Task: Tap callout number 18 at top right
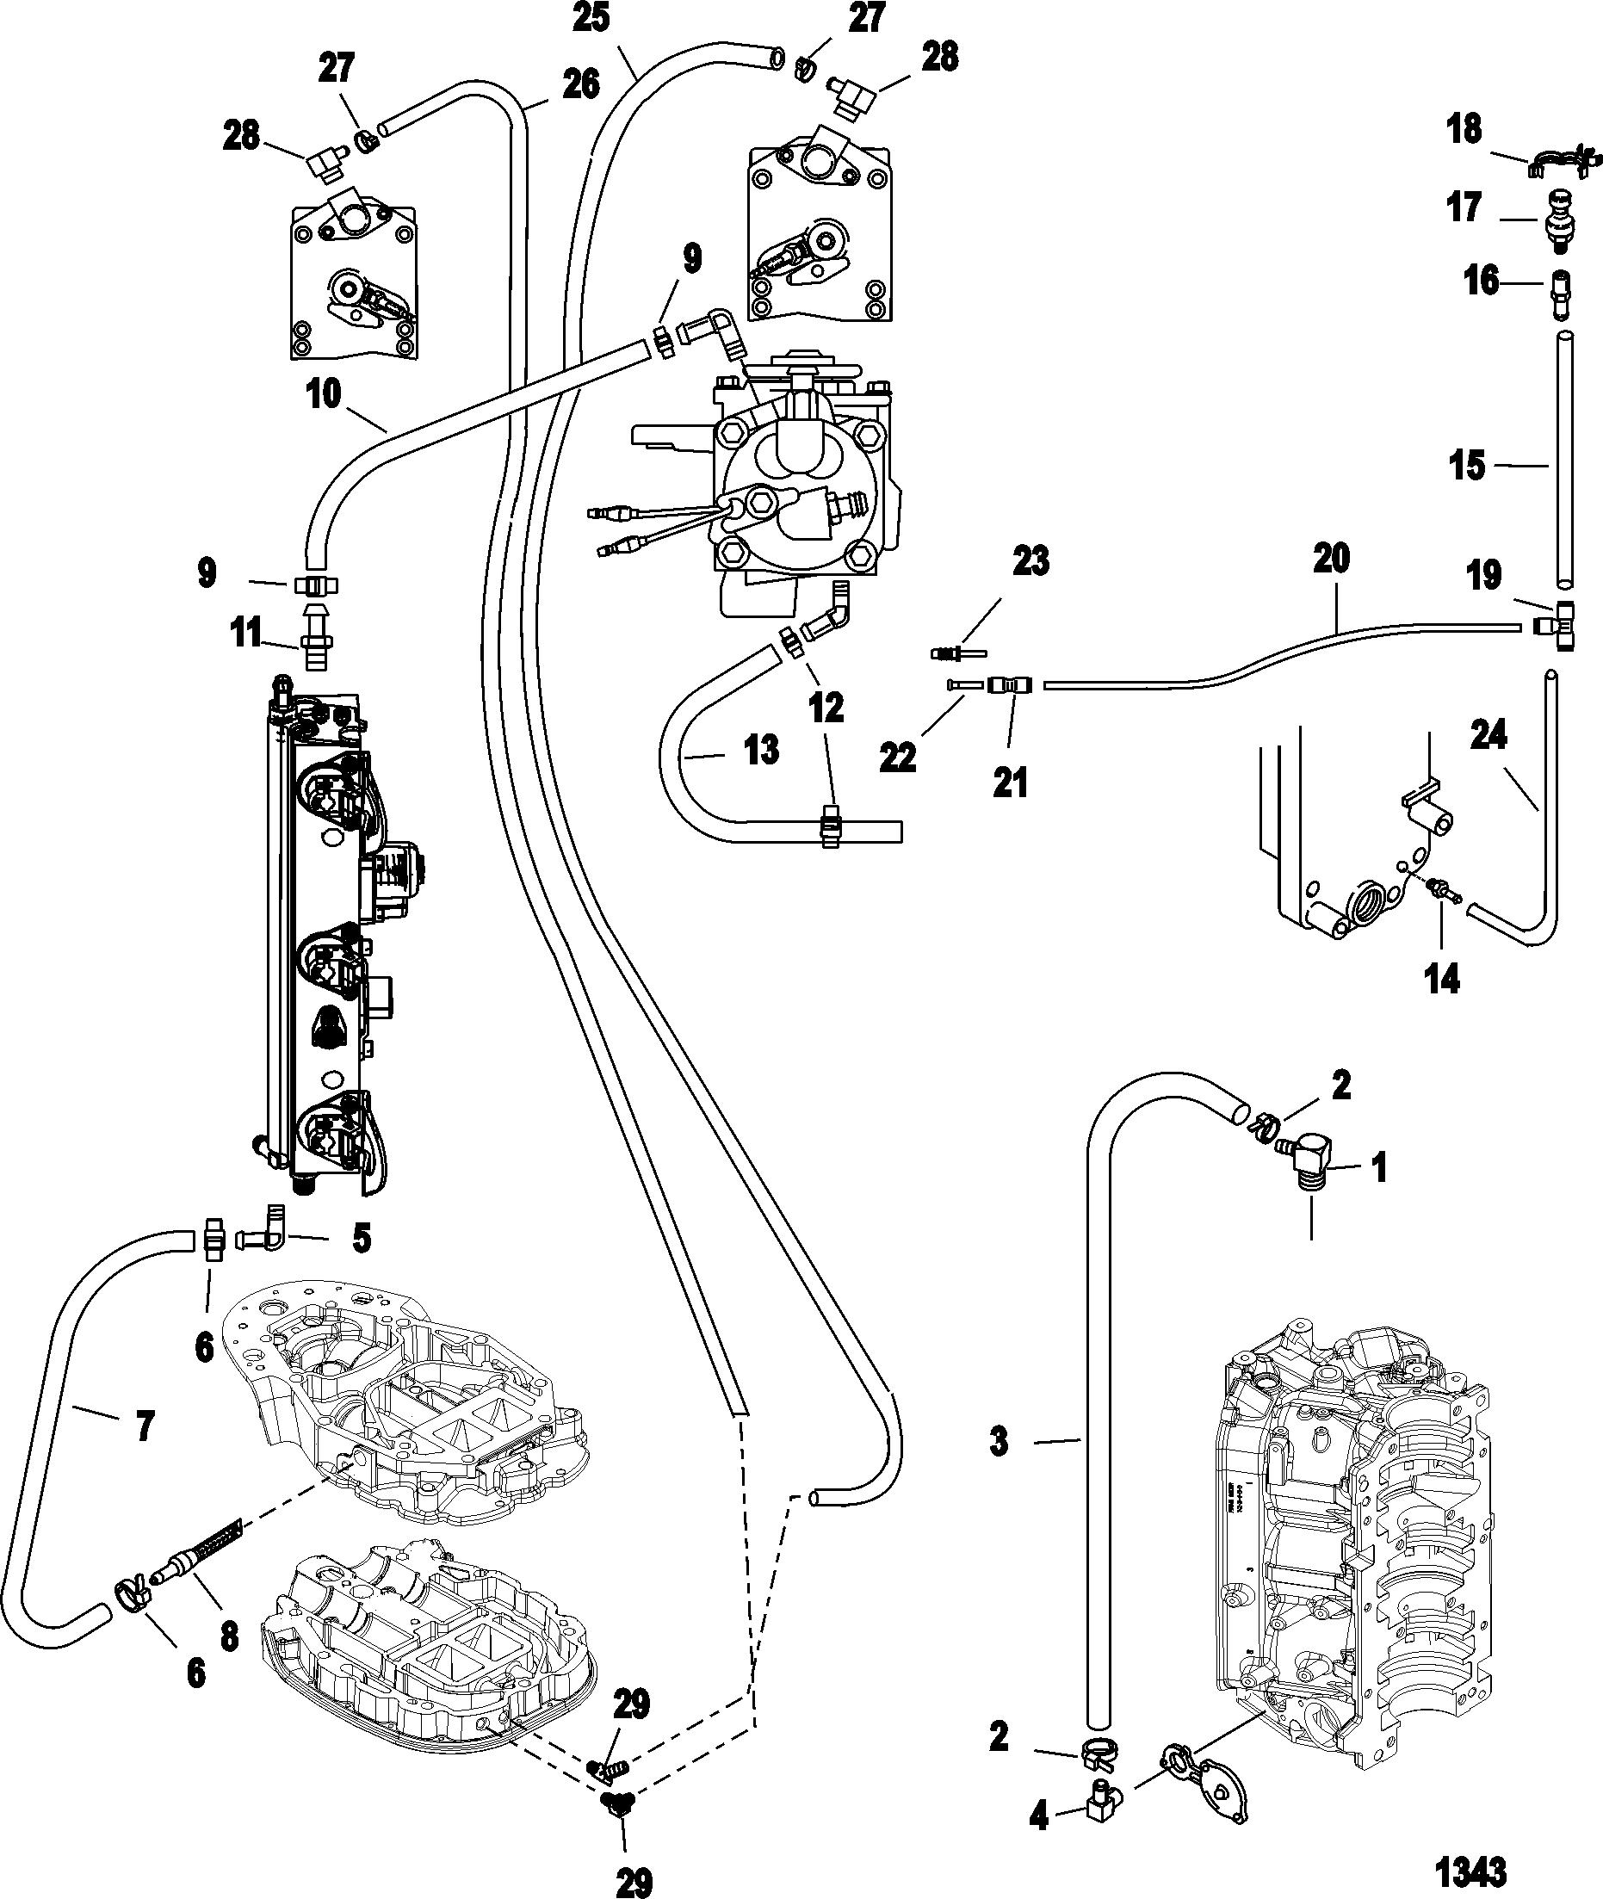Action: [1464, 129]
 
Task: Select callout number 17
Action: [1464, 207]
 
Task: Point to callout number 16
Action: [1482, 281]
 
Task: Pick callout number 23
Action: [1030, 561]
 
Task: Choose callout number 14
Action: [1442, 980]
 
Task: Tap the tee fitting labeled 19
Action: [1559, 625]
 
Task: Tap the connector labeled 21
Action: [1010, 684]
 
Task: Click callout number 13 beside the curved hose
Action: [761, 751]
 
